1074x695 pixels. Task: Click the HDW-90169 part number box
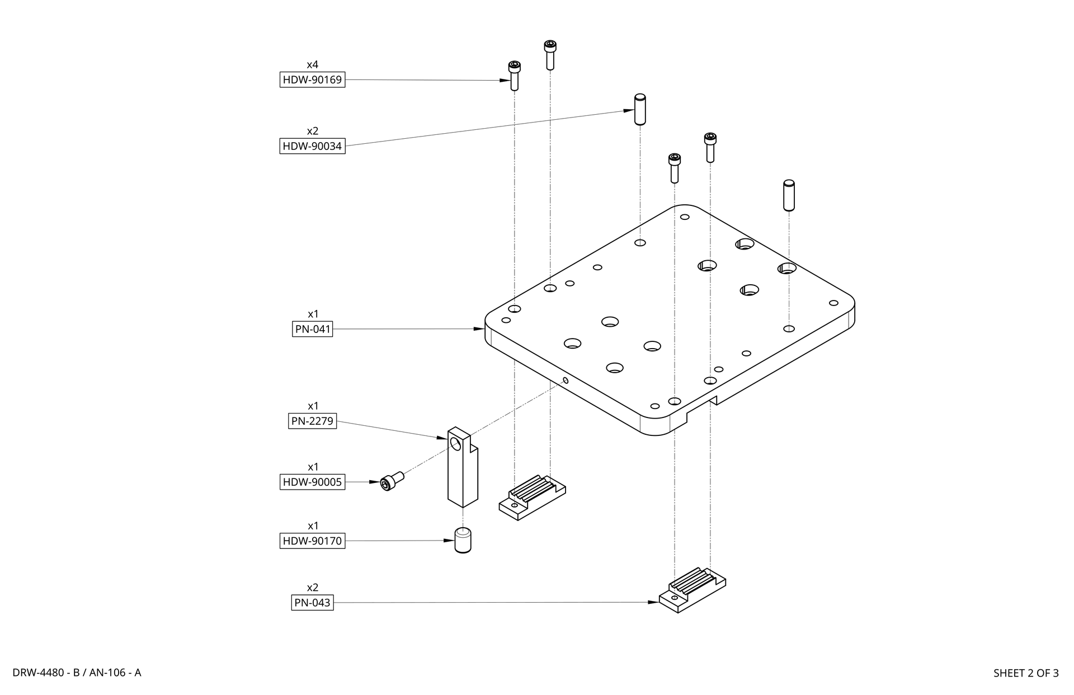coord(312,79)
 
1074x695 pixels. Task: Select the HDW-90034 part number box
coord(312,146)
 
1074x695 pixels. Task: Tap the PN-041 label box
coord(313,329)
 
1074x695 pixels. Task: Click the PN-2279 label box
coord(313,421)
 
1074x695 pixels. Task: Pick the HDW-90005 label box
coord(312,482)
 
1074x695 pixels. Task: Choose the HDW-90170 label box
coord(312,541)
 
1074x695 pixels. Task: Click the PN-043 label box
coord(312,603)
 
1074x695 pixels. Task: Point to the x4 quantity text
coord(312,65)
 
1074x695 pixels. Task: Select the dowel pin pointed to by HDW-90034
coord(640,109)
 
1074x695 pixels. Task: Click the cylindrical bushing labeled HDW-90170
coord(463,540)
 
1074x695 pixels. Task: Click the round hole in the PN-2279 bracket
coord(456,444)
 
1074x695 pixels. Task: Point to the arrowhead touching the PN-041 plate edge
coord(479,329)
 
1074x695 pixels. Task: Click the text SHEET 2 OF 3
coord(1025,673)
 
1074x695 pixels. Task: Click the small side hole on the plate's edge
coord(566,381)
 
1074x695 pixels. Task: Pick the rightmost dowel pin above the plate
coord(789,195)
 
